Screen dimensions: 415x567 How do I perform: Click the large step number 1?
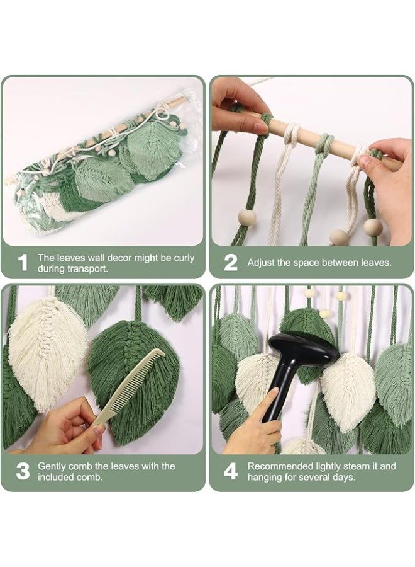pyautogui.click(x=23, y=262)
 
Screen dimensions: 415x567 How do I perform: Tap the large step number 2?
pyautogui.click(x=231, y=262)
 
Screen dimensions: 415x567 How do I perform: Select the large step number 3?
pyautogui.click(x=23, y=471)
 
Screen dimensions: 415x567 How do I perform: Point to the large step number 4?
pyautogui.click(x=231, y=471)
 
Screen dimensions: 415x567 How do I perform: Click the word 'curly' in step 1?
pyautogui.click(x=184, y=258)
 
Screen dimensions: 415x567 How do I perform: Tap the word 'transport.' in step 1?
pyautogui.click(x=90, y=269)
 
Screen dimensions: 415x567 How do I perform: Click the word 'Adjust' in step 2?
pyautogui.click(x=258, y=263)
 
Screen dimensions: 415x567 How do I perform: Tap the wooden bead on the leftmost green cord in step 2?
pyautogui.click(x=247, y=218)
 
